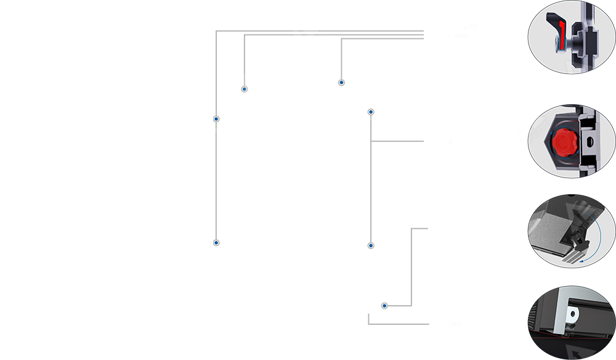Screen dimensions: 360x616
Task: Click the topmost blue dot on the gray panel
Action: point(341,82)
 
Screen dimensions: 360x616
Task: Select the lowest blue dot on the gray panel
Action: point(384,306)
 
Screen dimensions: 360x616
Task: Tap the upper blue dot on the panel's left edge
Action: point(216,118)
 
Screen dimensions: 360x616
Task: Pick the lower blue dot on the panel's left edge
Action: point(216,242)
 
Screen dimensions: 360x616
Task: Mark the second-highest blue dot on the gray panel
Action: point(245,89)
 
